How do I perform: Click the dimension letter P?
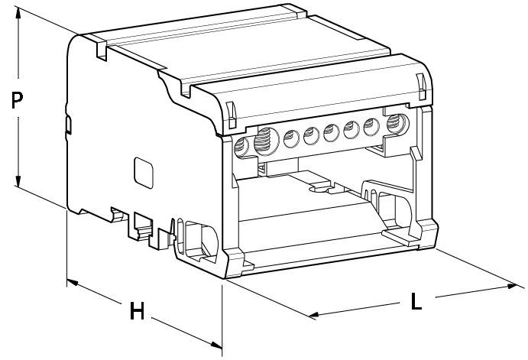(x=17, y=100)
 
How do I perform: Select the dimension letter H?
(x=137, y=310)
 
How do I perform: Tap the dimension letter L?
(x=416, y=301)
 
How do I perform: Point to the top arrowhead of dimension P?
(x=18, y=11)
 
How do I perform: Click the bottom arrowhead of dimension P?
(x=18, y=180)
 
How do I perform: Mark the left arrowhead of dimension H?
(x=72, y=282)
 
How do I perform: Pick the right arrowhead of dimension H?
(x=216, y=345)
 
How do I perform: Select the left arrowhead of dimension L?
(x=314, y=315)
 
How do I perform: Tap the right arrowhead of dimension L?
(x=511, y=287)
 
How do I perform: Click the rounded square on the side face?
(x=144, y=173)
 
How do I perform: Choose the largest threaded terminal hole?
(x=267, y=141)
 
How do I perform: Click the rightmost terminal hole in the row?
(x=397, y=124)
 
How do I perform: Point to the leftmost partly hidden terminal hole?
(x=241, y=148)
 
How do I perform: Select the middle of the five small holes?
(x=332, y=132)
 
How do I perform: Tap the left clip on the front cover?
(x=231, y=115)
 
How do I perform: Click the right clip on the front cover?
(x=421, y=86)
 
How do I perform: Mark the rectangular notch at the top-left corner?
(x=101, y=50)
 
